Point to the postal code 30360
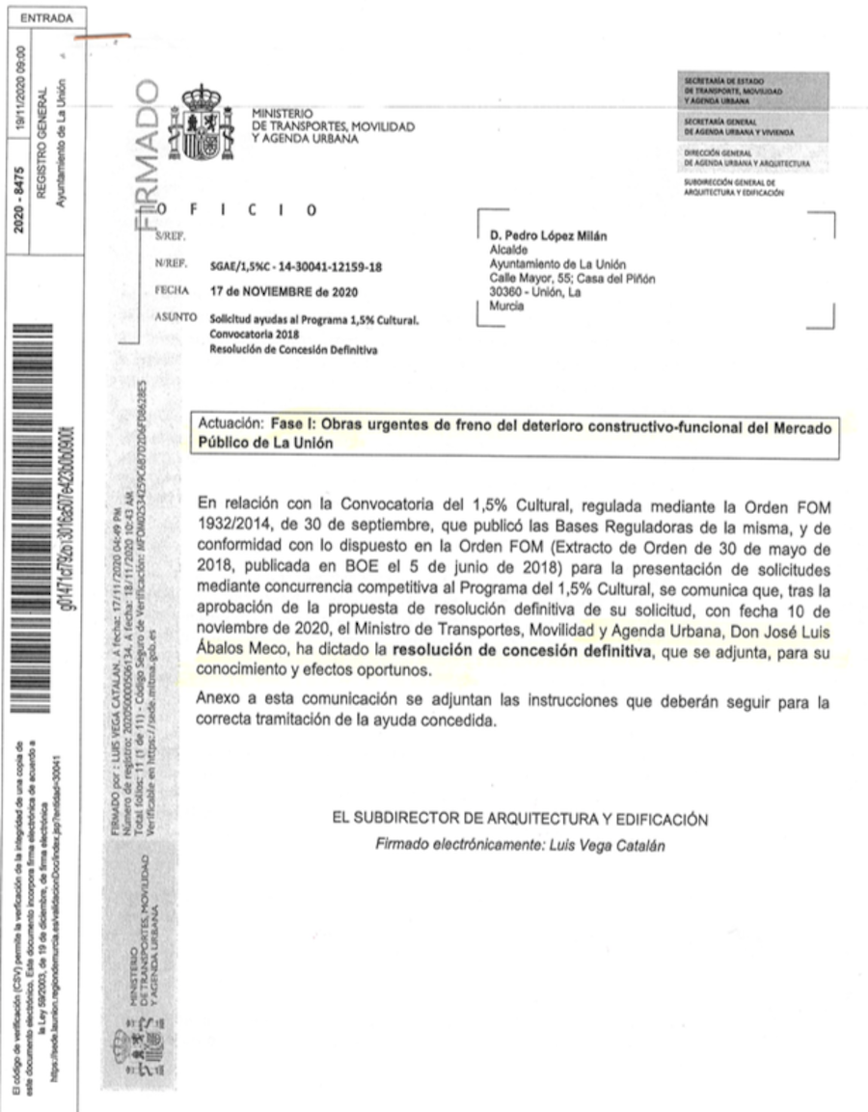pyautogui.click(x=508, y=293)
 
